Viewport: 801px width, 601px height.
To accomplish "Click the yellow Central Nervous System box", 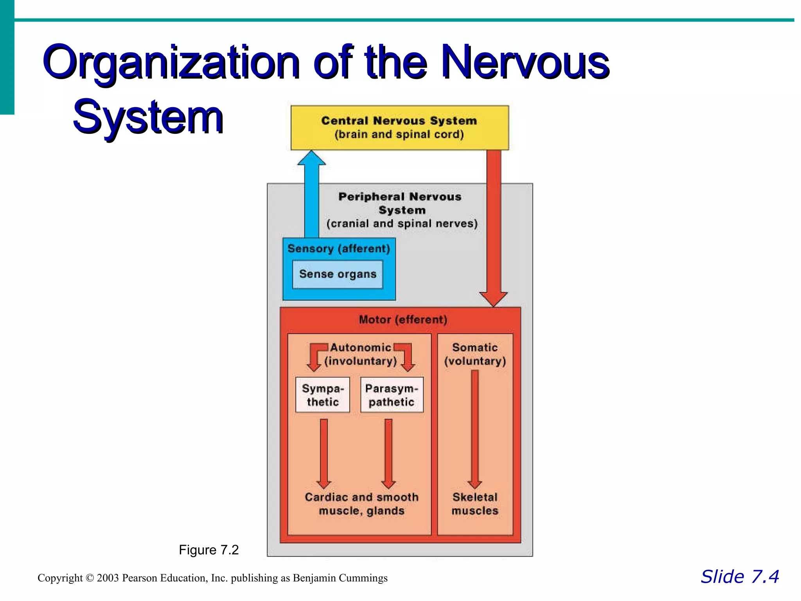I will [x=400, y=128].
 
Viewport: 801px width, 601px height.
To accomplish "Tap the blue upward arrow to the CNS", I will [x=312, y=196].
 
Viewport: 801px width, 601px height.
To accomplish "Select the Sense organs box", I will [x=338, y=274].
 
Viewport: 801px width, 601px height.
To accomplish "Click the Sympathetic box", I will [x=323, y=395].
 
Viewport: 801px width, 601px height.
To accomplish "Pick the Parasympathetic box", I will [x=392, y=395].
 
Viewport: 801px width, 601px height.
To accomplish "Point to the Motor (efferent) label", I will [x=403, y=320].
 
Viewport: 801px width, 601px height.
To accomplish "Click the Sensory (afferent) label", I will [x=339, y=249].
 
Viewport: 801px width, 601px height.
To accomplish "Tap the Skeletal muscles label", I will [x=475, y=504].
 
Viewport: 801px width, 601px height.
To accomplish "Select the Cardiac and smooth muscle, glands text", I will [x=362, y=504].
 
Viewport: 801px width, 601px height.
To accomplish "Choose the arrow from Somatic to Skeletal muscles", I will [x=475, y=428].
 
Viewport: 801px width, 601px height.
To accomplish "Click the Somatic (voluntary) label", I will [x=475, y=354].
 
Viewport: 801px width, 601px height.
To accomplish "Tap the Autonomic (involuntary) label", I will [x=361, y=354].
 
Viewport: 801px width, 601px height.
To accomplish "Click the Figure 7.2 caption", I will [x=208, y=550].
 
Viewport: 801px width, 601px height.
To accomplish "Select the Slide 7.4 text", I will [x=740, y=577].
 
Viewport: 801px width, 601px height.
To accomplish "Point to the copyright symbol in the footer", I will [x=90, y=578].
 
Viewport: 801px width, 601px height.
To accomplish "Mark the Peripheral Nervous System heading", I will [x=400, y=203].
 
